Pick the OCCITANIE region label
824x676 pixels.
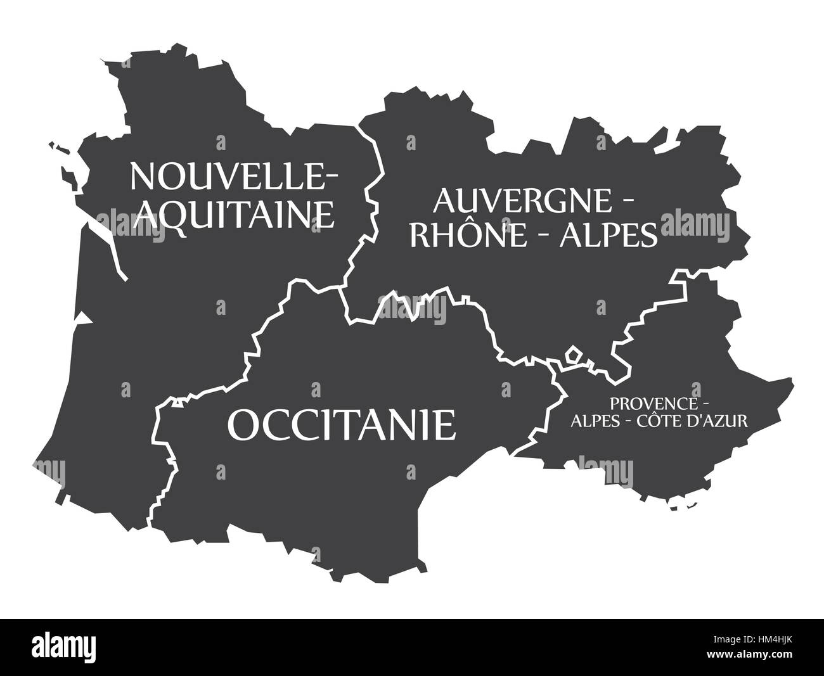(342, 424)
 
